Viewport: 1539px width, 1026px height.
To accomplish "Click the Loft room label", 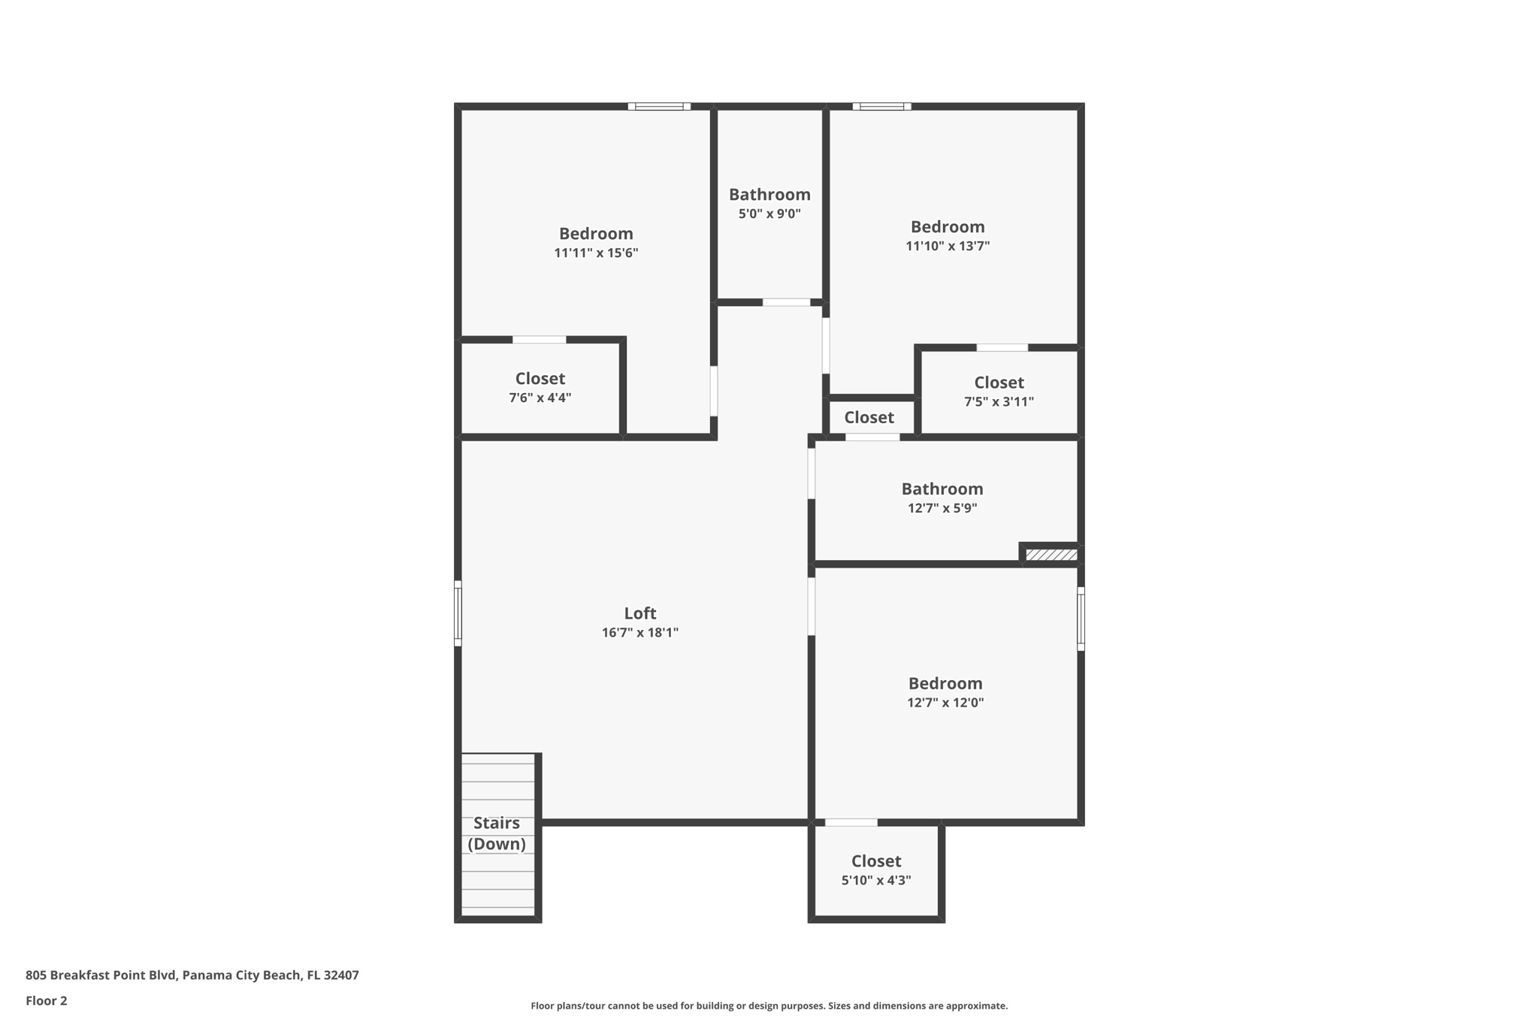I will point(639,613).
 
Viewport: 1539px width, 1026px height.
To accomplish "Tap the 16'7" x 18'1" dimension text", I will point(639,633).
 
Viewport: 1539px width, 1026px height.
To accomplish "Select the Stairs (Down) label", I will point(497,833).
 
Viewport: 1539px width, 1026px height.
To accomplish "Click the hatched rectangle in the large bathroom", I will point(1051,555).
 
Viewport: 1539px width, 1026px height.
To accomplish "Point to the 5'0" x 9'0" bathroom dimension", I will point(769,214).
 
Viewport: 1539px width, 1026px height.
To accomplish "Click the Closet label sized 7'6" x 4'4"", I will point(540,379).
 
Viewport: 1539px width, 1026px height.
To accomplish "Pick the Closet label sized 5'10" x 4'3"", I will point(875,861).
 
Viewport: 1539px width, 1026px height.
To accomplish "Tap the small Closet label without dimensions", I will point(869,417).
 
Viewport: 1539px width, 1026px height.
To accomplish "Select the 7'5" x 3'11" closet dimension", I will point(999,402).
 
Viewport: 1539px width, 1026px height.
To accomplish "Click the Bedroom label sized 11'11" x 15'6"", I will point(596,234).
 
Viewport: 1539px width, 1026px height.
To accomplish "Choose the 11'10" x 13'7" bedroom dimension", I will point(947,246).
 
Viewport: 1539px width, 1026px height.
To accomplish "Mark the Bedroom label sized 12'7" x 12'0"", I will point(945,684).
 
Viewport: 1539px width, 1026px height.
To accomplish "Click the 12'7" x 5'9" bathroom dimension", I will point(942,508).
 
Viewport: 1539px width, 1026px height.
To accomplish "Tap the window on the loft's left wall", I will point(458,613).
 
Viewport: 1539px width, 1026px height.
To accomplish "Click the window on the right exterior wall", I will point(1081,619).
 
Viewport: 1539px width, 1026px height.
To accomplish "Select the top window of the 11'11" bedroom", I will point(659,107).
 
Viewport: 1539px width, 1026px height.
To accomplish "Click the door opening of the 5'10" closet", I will point(851,822).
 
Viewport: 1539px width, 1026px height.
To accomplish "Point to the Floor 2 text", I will point(46,1000).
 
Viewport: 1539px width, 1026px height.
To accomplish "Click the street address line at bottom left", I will point(192,975).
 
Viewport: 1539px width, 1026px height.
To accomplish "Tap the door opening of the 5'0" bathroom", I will point(786,302).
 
